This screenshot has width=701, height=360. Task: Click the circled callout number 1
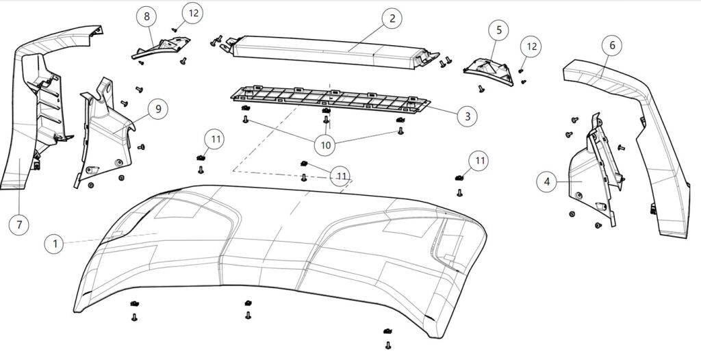click(x=54, y=242)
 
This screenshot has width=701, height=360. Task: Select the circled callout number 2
click(x=392, y=18)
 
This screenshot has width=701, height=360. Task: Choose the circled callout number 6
click(x=612, y=45)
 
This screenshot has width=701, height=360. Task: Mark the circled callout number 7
click(x=19, y=224)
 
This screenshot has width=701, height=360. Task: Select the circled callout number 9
click(x=157, y=109)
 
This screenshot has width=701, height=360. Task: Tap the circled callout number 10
click(x=326, y=144)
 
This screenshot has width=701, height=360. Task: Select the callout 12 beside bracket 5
click(x=531, y=47)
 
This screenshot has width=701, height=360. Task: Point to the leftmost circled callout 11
click(x=216, y=140)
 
